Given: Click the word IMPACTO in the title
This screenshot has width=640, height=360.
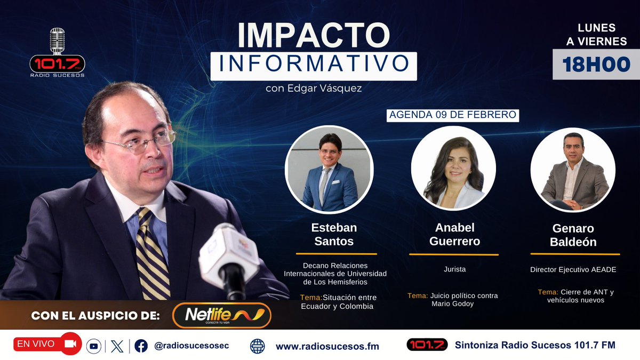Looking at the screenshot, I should click(314, 35).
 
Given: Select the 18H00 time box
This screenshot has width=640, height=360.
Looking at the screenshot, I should click(596, 65).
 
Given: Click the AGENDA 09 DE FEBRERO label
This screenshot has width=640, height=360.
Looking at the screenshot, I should click(453, 115).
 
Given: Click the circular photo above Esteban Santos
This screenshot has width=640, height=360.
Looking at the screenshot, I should click(329, 170).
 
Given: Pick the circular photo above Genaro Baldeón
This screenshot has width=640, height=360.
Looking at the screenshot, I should click(573, 170).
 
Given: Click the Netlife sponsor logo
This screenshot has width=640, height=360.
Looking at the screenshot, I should click(221, 315).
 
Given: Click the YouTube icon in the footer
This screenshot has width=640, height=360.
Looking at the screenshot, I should click(94, 346).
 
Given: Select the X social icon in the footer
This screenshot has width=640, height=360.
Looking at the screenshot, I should click(117, 346).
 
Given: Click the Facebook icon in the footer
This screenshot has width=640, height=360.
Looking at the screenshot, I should click(141, 346).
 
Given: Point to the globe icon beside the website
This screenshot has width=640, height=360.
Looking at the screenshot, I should click(258, 346).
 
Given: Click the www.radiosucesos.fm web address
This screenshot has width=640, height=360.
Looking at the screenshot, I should click(327, 346).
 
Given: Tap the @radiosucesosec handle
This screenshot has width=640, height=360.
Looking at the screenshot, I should click(191, 346).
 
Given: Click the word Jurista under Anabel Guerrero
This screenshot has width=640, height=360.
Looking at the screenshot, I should click(454, 269).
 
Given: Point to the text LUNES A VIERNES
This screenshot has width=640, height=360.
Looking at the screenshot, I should click(596, 35).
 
